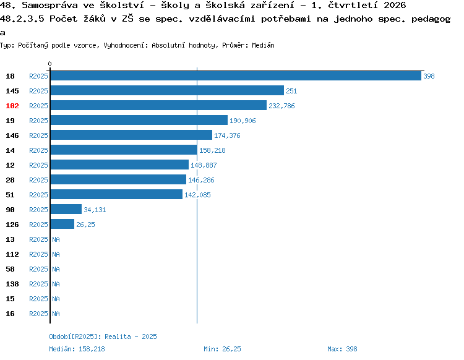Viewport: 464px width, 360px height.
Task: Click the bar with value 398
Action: click(236, 75)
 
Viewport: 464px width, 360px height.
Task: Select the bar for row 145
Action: click(167, 90)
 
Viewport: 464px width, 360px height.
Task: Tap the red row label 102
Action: click(12, 106)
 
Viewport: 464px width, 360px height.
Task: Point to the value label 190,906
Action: click(243, 121)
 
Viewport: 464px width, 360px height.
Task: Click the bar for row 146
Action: click(131, 135)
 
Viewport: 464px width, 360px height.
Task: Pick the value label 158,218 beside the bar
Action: click(212, 150)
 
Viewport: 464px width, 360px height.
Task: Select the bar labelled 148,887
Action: click(119, 165)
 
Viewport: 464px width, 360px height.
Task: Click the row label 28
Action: click(10, 180)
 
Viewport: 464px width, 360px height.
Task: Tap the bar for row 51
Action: click(116, 194)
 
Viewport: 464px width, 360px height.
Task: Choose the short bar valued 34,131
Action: click(66, 209)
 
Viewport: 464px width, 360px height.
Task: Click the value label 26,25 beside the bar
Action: click(85, 225)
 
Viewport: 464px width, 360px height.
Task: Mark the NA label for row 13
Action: click(56, 239)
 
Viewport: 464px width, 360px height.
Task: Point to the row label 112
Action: click(12, 254)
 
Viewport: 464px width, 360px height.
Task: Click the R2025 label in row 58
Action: click(38, 269)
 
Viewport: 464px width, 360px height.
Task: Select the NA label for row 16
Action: click(56, 314)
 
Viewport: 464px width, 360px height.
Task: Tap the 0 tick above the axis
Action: click(49, 64)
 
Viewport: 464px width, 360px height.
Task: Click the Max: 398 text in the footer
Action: click(342, 349)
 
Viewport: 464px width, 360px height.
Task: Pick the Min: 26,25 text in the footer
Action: click(222, 349)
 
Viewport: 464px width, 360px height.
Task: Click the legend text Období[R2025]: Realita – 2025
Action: click(103, 336)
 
